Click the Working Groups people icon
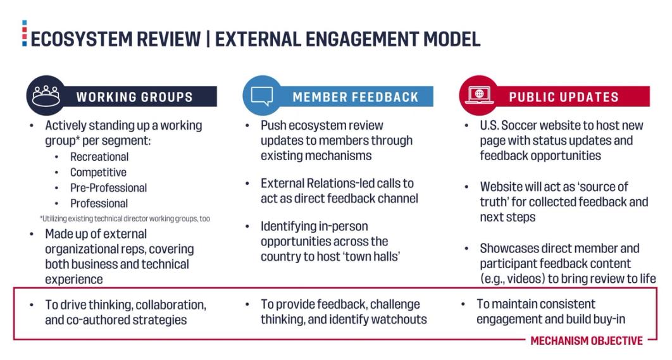(x=46, y=96)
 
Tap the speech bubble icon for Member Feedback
(x=261, y=96)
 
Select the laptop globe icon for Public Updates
(x=478, y=96)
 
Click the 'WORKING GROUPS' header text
(x=134, y=97)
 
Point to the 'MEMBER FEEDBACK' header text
(x=355, y=97)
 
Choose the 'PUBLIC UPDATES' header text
(x=564, y=97)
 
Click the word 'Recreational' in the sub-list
(x=99, y=157)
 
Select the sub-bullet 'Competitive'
(x=98, y=172)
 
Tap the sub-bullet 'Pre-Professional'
(x=108, y=188)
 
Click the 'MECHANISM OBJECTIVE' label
(x=586, y=340)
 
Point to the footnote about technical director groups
(x=125, y=218)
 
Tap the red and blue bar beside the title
(x=25, y=33)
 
